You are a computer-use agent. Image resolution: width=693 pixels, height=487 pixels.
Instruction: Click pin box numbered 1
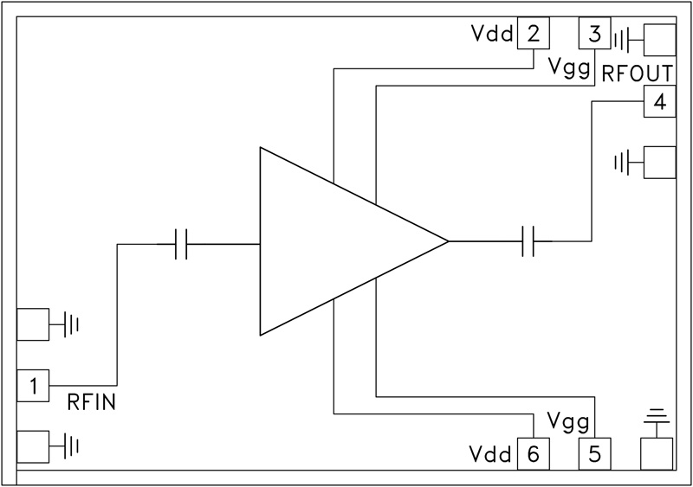[33, 386]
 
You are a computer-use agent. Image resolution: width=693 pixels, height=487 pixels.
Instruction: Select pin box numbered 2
[533, 35]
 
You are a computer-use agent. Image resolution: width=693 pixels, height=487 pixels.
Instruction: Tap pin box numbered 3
[594, 35]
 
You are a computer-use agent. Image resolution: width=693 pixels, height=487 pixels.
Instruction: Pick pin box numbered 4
[659, 103]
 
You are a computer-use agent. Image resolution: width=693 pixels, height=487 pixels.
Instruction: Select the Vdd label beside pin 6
[491, 453]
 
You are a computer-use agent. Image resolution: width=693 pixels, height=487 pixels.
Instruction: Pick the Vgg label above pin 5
[569, 421]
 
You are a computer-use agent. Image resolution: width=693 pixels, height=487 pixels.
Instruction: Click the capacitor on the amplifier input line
[181, 244]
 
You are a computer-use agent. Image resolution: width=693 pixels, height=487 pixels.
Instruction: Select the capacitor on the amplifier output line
[530, 241]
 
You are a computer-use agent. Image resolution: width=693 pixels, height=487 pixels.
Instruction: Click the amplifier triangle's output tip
[447, 241]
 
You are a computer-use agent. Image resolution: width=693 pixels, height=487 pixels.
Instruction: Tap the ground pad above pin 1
[33, 324]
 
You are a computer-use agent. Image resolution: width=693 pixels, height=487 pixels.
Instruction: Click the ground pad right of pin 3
[658, 39]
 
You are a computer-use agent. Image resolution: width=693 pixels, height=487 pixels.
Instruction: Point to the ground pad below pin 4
[658, 162]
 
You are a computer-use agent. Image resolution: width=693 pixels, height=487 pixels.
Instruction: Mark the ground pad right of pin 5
[657, 452]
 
